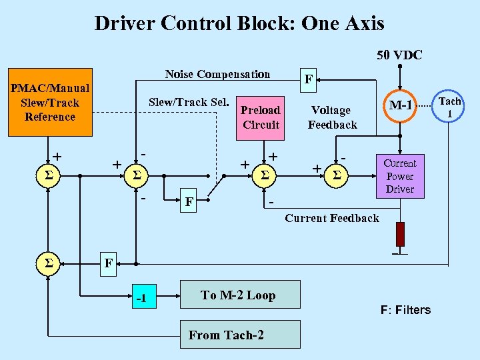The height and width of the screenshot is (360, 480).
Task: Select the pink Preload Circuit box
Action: click(x=261, y=117)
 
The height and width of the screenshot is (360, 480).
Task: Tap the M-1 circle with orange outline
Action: click(x=401, y=105)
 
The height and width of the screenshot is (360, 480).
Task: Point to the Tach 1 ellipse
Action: click(x=450, y=107)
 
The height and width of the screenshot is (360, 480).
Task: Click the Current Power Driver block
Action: click(x=399, y=176)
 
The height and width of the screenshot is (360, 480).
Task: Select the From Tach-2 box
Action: click(x=226, y=335)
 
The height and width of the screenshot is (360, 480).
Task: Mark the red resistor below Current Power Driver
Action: click(x=400, y=234)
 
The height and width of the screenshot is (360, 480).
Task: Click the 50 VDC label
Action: click(x=399, y=55)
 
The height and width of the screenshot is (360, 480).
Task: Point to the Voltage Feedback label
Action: click(x=331, y=117)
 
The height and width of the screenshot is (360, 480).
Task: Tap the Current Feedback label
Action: click(x=331, y=218)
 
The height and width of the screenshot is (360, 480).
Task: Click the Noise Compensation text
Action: click(x=217, y=74)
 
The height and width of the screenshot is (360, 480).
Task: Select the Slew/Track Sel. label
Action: click(x=188, y=102)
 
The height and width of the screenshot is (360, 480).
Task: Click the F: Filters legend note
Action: click(x=405, y=309)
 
